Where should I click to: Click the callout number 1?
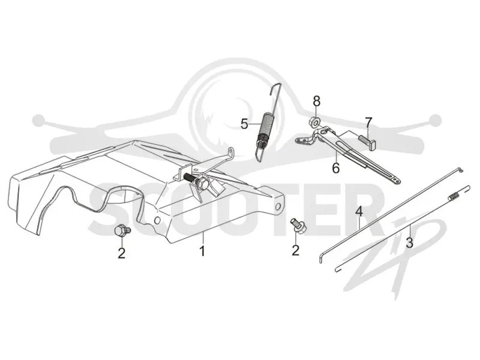202,251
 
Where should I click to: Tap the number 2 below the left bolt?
122,253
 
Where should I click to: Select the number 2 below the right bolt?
295,250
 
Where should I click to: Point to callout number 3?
410,243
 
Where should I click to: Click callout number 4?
359,212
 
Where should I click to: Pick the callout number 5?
244,124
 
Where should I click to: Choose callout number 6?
336,168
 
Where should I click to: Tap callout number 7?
368,122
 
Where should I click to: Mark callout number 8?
317,101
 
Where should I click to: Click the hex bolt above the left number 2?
122,230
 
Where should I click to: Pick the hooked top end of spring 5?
275,87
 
